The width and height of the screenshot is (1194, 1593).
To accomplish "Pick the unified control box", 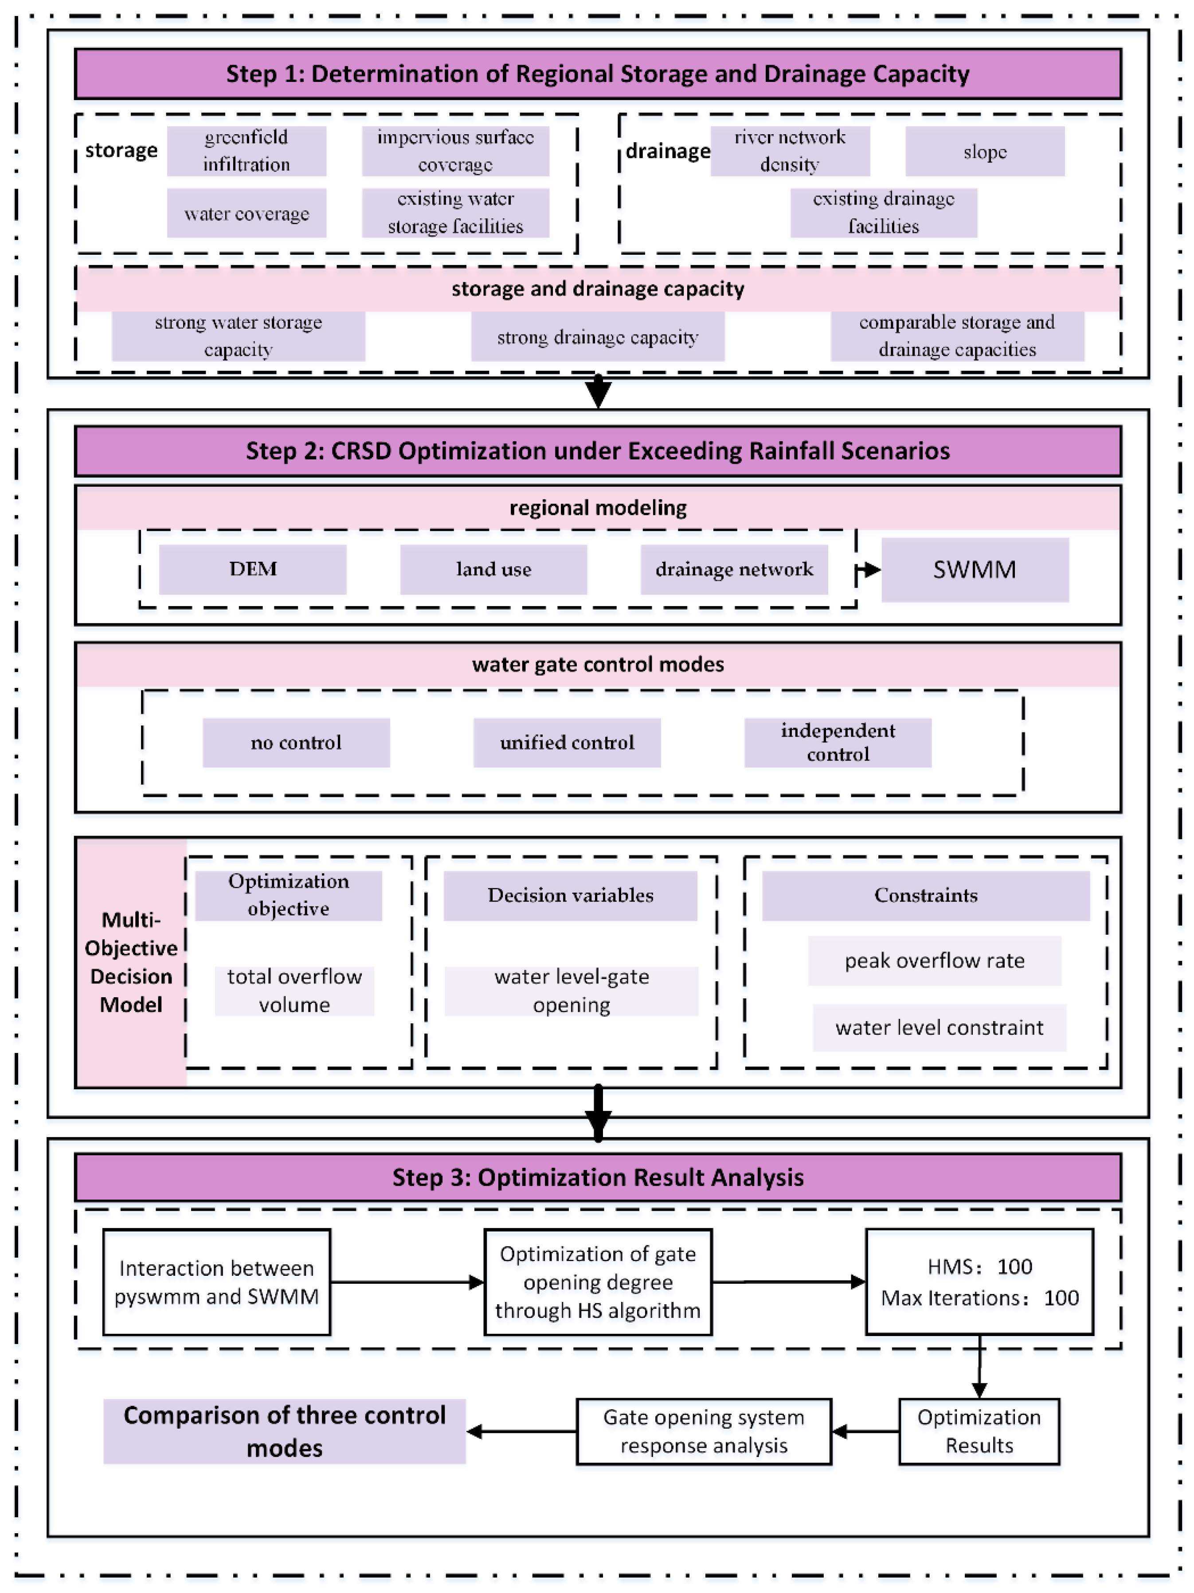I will click(567, 742).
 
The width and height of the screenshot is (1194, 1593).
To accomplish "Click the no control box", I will click(296, 742).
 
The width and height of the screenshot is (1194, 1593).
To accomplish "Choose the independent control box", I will click(838, 742).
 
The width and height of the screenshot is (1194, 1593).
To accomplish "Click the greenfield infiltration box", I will click(247, 151).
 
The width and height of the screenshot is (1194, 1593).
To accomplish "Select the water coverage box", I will click(247, 213).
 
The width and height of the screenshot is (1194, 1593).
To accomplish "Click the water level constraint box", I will click(939, 1028).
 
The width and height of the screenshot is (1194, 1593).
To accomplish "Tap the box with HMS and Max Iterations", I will click(979, 1282).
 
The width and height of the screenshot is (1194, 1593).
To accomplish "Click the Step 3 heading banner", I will click(598, 1177).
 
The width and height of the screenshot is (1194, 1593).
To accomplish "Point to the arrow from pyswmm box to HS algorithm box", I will click(407, 1282).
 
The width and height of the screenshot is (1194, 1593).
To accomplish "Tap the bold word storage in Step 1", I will click(121, 151).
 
